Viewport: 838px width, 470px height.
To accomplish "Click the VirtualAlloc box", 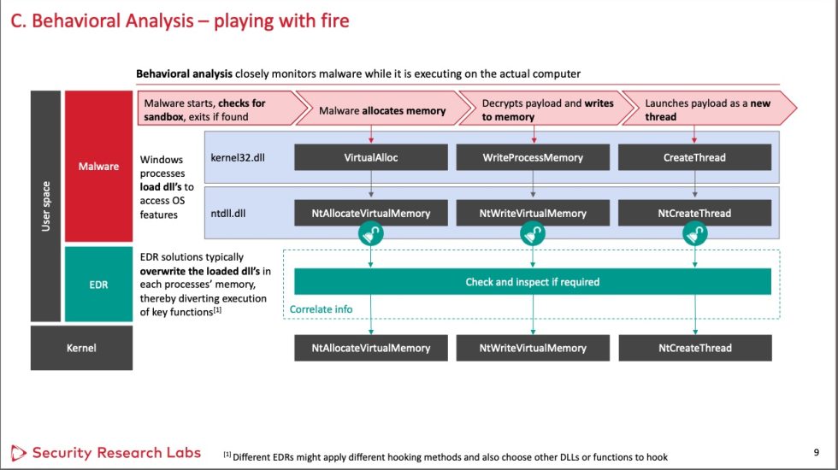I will pyautogui.click(x=371, y=157).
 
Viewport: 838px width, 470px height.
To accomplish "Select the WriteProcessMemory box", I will pyautogui.click(x=533, y=157).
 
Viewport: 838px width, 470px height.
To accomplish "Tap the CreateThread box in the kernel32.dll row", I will pyautogui.click(x=694, y=157).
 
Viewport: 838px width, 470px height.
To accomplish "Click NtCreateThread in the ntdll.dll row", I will pyautogui.click(x=694, y=213).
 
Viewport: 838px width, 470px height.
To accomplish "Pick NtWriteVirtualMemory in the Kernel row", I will pyautogui.click(x=533, y=348).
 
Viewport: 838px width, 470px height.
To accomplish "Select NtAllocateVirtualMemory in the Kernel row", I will pyautogui.click(x=371, y=348).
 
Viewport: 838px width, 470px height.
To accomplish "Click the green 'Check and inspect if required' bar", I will pyautogui.click(x=533, y=281).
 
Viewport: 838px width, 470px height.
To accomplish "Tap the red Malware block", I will pyautogui.click(x=99, y=166).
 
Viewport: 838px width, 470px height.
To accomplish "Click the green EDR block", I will pyautogui.click(x=99, y=285).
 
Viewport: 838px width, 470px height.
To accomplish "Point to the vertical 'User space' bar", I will pyautogui.click(x=46, y=206).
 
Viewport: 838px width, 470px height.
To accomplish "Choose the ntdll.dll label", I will pyautogui.click(x=228, y=213).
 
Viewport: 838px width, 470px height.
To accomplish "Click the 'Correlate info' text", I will pyautogui.click(x=321, y=308).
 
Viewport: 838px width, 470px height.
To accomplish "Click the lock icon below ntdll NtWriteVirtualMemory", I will pyautogui.click(x=533, y=234).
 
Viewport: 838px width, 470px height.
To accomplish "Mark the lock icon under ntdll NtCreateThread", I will pyautogui.click(x=694, y=234).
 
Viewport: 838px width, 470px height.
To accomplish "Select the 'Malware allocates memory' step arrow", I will pyautogui.click(x=382, y=110).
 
